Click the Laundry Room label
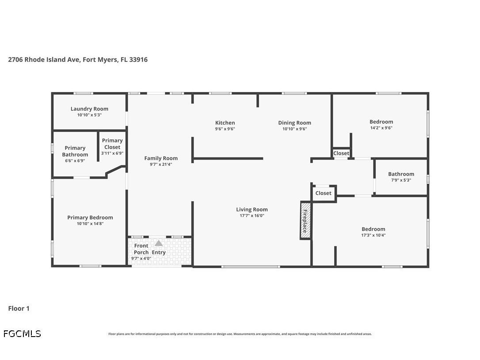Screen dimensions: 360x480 (x=89, y=109)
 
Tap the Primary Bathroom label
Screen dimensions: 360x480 (x=75, y=151)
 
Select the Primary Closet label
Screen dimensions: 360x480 (x=112, y=144)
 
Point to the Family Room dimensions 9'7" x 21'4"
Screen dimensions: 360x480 (x=161, y=165)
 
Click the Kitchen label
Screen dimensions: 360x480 (x=225, y=123)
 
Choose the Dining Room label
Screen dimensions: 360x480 (x=294, y=123)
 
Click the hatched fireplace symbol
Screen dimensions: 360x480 (x=305, y=221)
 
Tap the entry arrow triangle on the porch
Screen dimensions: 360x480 (x=159, y=243)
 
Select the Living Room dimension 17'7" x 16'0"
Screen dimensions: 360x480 (x=251, y=216)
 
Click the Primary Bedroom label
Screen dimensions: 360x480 (x=90, y=218)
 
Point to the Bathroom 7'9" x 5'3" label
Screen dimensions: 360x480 (x=401, y=177)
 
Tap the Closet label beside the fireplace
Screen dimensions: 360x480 (x=323, y=193)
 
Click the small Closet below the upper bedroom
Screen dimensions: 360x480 (x=341, y=153)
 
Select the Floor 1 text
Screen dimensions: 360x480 (x=19, y=309)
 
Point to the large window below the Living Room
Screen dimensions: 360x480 (x=251, y=267)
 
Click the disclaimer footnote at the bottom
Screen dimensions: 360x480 (x=240, y=334)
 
